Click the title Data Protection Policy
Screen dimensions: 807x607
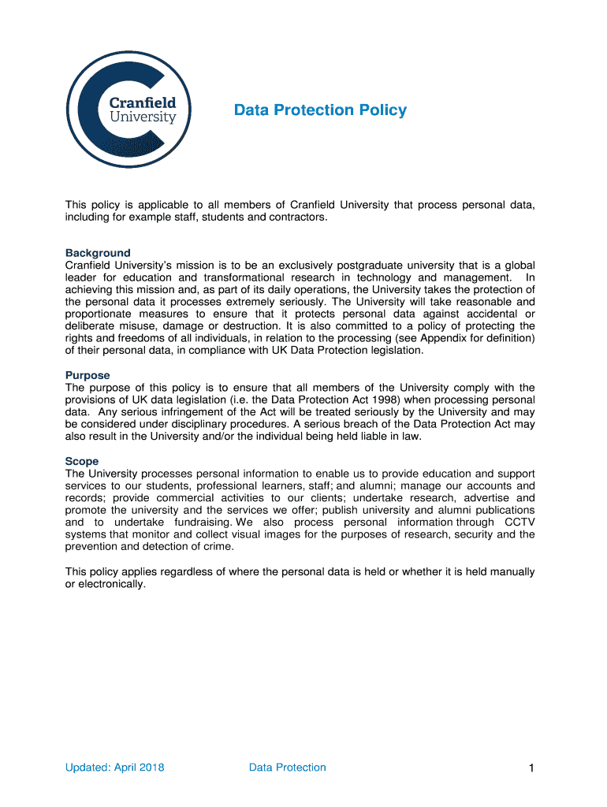[x=320, y=110]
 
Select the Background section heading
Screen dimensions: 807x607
[x=98, y=253]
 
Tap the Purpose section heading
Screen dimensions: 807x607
[x=88, y=375]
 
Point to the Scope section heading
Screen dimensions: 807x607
[x=82, y=461]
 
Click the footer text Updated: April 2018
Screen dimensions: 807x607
[x=115, y=768]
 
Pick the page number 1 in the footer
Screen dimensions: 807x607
[x=532, y=768]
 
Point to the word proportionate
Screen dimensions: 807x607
[x=99, y=314]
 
